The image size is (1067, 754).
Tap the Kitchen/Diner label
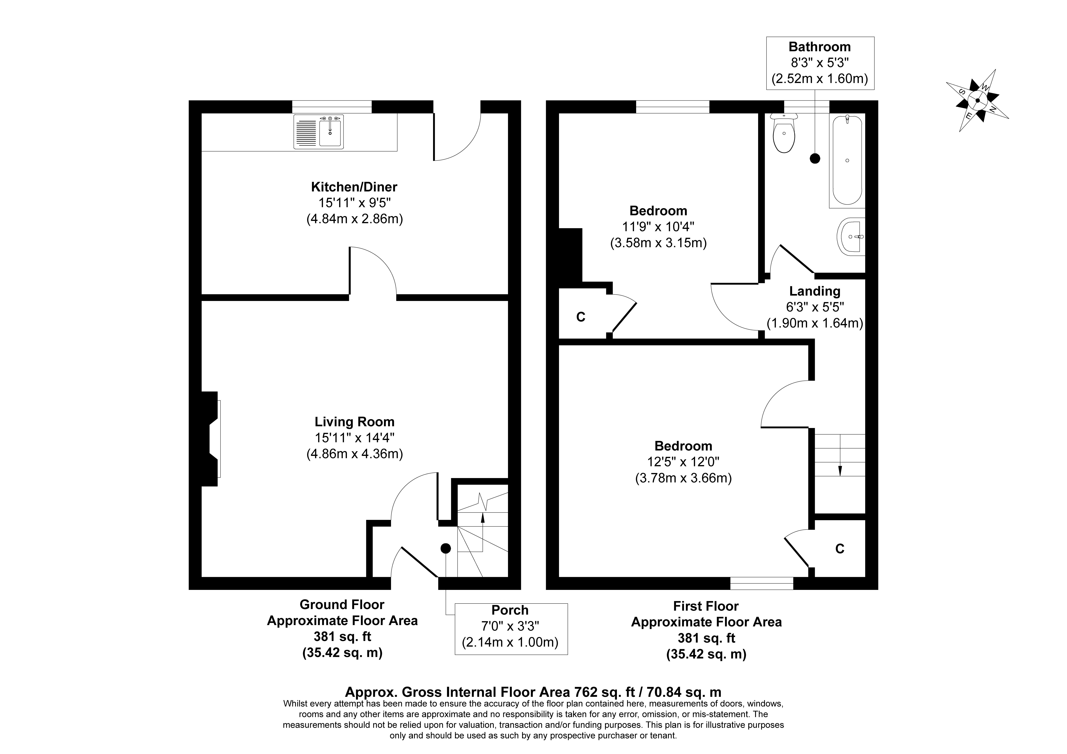(354, 187)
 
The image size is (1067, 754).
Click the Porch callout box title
(510, 610)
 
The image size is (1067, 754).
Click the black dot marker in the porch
(445, 549)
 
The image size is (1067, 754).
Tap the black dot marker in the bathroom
(815, 158)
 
